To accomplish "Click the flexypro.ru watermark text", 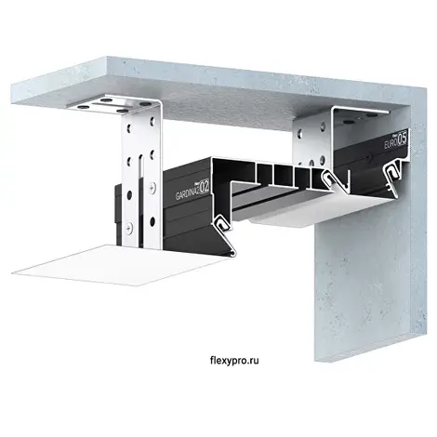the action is (x=234, y=361).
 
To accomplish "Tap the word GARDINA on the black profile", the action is (x=188, y=192).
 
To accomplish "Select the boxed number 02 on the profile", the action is (x=205, y=187).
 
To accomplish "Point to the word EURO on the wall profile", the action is (x=391, y=142).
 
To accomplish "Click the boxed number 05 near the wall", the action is (x=402, y=138).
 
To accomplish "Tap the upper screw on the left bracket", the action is (x=152, y=187).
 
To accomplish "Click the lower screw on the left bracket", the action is (x=129, y=229).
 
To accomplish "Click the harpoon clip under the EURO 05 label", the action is (x=393, y=175).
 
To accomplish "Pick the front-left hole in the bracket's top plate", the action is (x=83, y=107).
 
